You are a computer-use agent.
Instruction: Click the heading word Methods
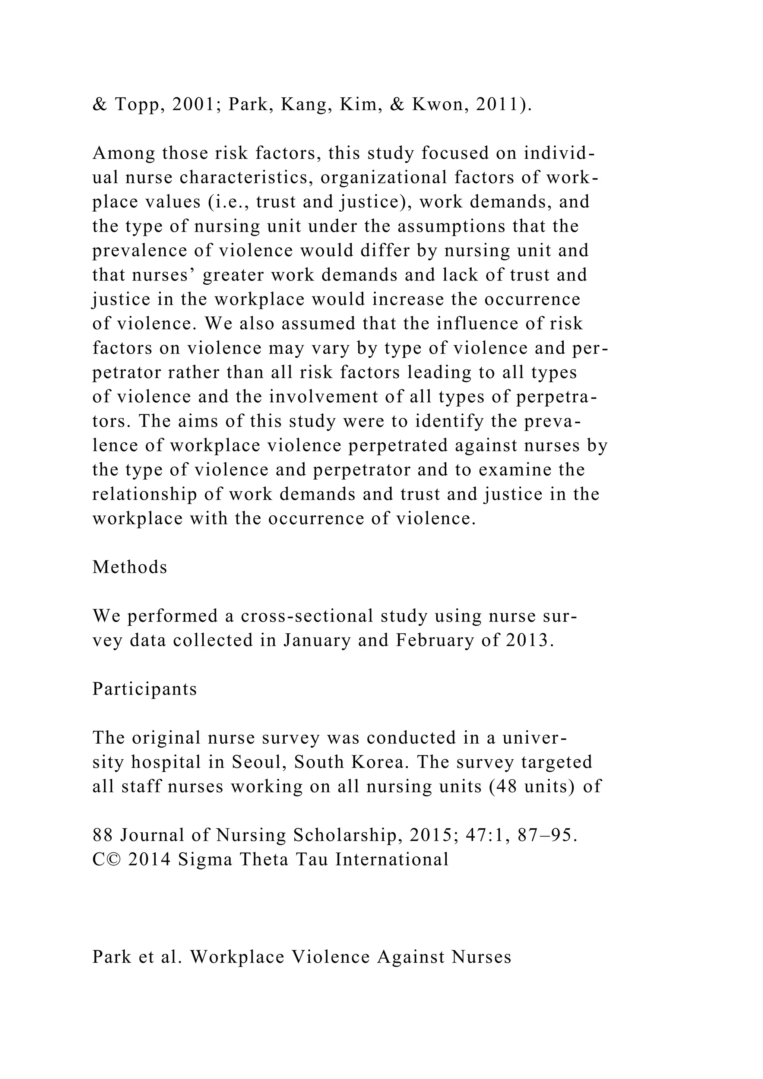tap(130, 567)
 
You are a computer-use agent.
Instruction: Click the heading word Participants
tap(145, 689)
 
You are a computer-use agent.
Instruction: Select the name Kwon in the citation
tap(439, 105)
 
